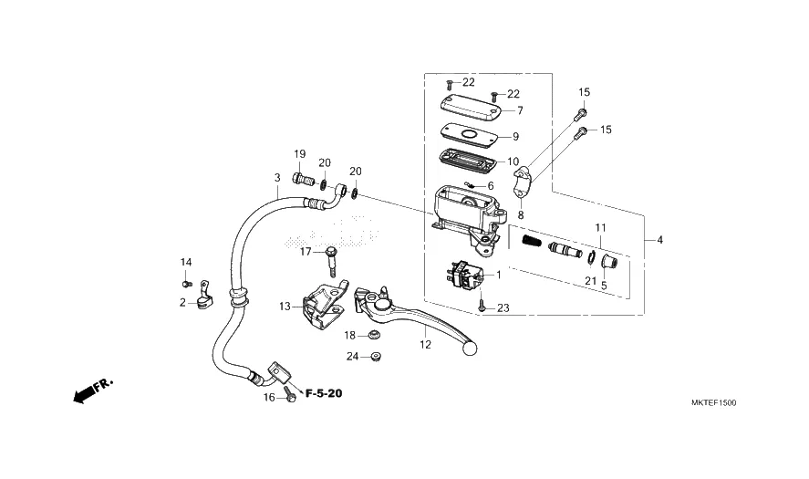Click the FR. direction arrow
(x=92, y=391)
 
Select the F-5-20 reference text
(x=324, y=393)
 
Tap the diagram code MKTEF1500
(x=713, y=403)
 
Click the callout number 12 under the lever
(x=425, y=345)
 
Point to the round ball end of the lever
(x=470, y=348)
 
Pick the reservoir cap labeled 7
(x=471, y=107)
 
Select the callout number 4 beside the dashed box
(x=660, y=240)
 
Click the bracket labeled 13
(x=324, y=306)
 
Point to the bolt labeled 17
(x=332, y=263)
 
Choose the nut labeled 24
(x=376, y=356)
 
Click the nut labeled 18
(x=374, y=336)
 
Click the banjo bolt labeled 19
(x=304, y=180)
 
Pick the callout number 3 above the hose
(x=277, y=178)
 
